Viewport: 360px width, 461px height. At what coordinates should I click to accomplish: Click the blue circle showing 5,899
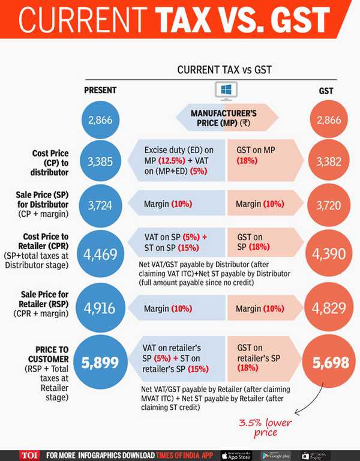pyautogui.click(x=99, y=363)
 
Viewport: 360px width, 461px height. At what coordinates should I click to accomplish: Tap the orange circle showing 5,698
pyautogui.click(x=328, y=363)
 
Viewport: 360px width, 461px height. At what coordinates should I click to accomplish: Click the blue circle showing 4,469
pyautogui.click(x=99, y=254)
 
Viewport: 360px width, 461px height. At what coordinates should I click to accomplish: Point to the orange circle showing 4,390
pyautogui.click(x=328, y=254)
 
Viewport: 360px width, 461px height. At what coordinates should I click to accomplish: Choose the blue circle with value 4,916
pyautogui.click(x=99, y=308)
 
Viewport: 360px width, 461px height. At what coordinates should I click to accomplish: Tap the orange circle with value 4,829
pyautogui.click(x=328, y=308)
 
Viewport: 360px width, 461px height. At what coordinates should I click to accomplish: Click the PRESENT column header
pyautogui.click(x=100, y=90)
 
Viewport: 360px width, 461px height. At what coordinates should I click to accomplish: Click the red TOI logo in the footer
pyautogui.click(x=29, y=454)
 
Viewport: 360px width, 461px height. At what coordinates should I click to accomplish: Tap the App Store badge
pyautogui.click(x=238, y=454)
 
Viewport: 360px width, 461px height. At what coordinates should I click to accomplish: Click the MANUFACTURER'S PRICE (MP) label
pyautogui.click(x=223, y=118)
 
